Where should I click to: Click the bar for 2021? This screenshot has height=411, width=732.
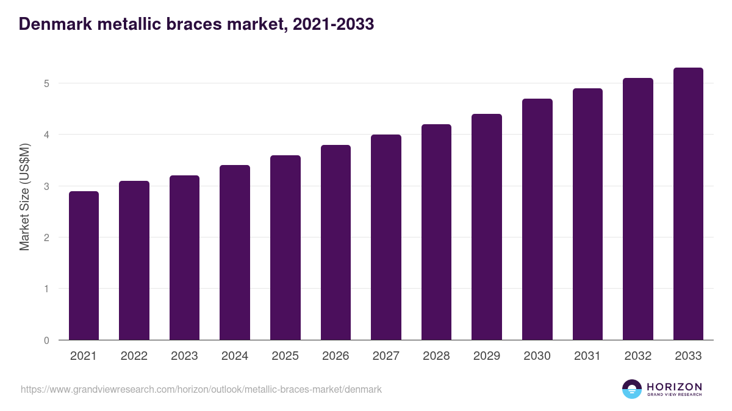(x=84, y=265)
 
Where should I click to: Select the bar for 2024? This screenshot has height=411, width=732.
(x=235, y=253)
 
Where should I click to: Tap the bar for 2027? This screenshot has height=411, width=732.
(x=386, y=237)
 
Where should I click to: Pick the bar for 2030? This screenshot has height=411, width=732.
(x=537, y=219)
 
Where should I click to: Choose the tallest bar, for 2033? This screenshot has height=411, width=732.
(x=688, y=204)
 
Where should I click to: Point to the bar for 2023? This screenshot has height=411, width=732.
(x=184, y=258)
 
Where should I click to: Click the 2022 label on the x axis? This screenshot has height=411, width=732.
(x=134, y=356)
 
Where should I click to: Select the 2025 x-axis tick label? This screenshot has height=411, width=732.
(x=285, y=356)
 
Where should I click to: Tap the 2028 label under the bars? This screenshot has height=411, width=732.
(x=436, y=356)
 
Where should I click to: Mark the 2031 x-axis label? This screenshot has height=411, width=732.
(x=587, y=356)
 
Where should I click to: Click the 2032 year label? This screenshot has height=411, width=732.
(x=638, y=356)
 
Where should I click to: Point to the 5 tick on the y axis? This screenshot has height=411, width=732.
(x=46, y=83)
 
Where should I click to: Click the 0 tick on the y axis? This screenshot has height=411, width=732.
(x=46, y=340)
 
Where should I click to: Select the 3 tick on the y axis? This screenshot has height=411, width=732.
(x=46, y=186)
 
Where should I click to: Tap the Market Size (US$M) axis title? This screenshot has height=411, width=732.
(x=24, y=197)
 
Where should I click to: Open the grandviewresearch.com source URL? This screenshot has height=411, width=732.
(x=201, y=389)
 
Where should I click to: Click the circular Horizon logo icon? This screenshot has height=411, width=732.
(x=632, y=389)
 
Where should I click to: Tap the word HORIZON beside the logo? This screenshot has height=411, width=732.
(x=674, y=386)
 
